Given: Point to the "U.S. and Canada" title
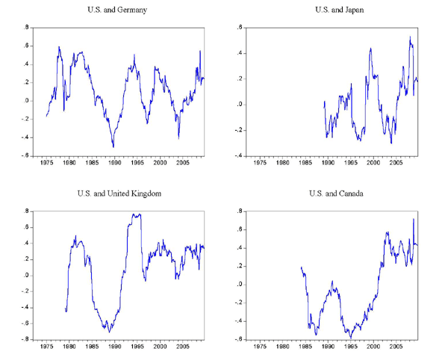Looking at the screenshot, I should tap(338, 194).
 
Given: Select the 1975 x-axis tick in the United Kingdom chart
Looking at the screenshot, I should tap(46, 347).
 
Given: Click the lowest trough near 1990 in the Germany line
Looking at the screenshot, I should tap(113, 146).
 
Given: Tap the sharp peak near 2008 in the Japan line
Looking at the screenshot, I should tap(409, 37).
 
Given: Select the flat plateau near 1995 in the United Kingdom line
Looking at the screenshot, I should tap(136, 215).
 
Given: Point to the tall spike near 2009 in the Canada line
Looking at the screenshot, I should tap(414, 219).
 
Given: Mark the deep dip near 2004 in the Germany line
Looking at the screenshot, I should tap(178, 137).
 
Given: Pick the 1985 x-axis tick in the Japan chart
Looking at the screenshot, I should tap(301, 161).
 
